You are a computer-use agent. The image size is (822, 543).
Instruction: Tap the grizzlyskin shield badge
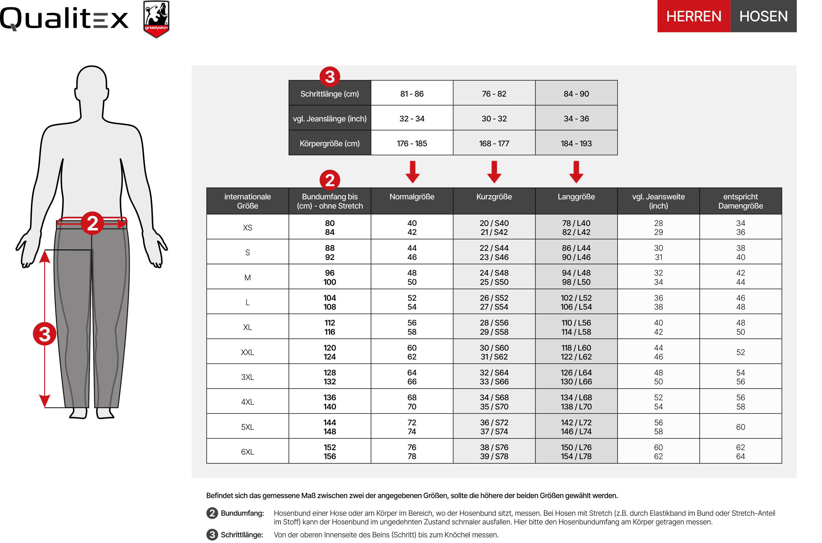(156, 19)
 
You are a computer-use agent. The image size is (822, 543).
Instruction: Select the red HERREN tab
(694, 16)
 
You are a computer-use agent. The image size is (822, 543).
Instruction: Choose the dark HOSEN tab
(763, 16)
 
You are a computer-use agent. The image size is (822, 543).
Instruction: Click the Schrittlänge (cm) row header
(329, 94)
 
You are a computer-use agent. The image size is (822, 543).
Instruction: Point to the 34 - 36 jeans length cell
(576, 118)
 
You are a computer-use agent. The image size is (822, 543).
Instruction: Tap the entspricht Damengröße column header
(740, 201)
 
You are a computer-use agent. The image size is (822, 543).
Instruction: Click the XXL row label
(247, 352)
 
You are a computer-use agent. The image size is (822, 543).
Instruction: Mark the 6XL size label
(247, 452)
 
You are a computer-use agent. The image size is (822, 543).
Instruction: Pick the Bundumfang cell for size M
(329, 277)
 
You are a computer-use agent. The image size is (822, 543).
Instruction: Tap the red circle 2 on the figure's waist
(92, 223)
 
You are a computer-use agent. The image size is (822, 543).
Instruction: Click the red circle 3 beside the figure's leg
(44, 334)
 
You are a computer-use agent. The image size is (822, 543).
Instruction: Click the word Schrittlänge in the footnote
(242, 535)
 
